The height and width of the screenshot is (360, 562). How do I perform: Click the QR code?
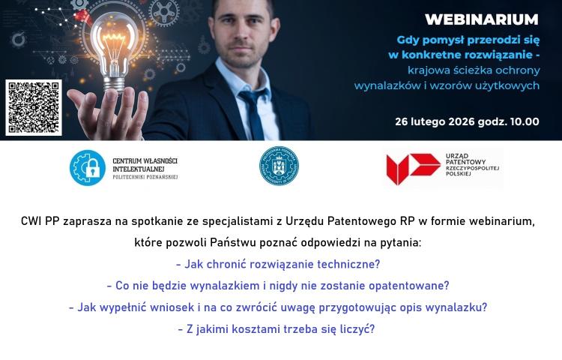(x=34, y=106)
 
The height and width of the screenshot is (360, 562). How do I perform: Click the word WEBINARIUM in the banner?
(x=481, y=19)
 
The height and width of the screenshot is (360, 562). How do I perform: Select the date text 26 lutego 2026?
(x=435, y=121)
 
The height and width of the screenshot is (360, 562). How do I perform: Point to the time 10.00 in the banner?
(x=523, y=121)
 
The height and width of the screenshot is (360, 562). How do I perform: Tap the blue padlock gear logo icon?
(x=88, y=167)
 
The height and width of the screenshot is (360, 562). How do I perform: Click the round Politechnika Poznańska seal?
(x=279, y=166)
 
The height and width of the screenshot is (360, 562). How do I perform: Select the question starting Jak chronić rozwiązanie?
(x=278, y=264)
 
